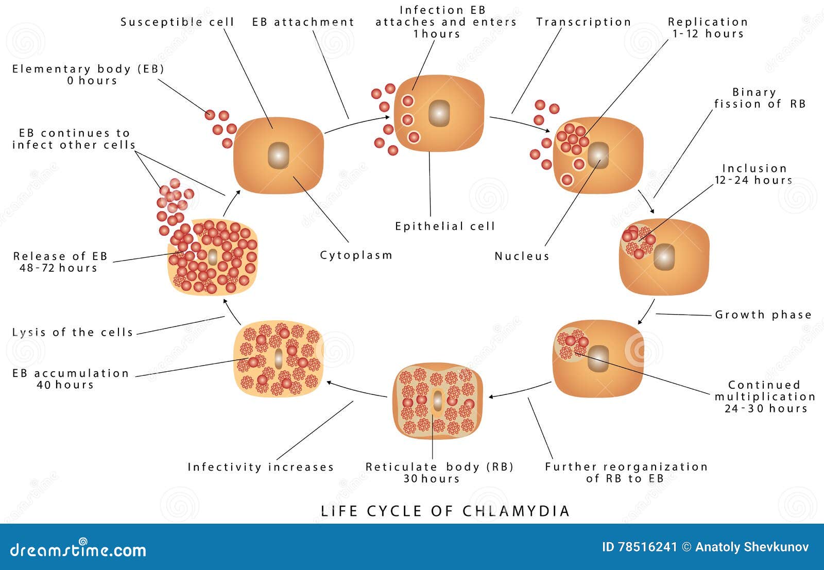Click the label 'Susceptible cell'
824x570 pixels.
pyautogui.click(x=177, y=22)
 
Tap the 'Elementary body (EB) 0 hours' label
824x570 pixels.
pyautogui.click(x=88, y=75)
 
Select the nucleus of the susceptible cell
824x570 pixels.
pyautogui.click(x=278, y=155)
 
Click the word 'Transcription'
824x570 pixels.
pyautogui.click(x=583, y=22)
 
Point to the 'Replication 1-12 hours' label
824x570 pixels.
pyautogui.click(x=708, y=28)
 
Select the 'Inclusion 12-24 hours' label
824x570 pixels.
pyautogui.click(x=754, y=174)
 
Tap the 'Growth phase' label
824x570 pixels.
pyautogui.click(x=763, y=315)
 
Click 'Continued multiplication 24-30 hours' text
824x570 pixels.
pyautogui.click(x=765, y=396)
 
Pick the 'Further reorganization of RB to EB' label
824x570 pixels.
pyautogui.click(x=626, y=472)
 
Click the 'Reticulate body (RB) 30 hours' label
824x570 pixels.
pyautogui.click(x=439, y=472)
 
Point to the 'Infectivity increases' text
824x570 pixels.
pyautogui.click(x=261, y=467)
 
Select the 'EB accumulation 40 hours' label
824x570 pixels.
pyautogui.click(x=71, y=378)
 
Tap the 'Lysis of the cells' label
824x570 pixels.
pyautogui.click(x=73, y=332)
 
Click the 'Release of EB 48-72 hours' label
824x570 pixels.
pyautogui.click(x=60, y=262)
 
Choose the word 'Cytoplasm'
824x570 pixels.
pyautogui.click(x=356, y=255)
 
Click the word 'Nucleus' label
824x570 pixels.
pyautogui.click(x=522, y=256)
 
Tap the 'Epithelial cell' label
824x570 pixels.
pyautogui.click(x=444, y=226)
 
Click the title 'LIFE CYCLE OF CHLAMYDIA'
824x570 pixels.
pyautogui.click(x=445, y=511)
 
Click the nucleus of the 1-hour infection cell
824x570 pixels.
pyautogui.click(x=439, y=112)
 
